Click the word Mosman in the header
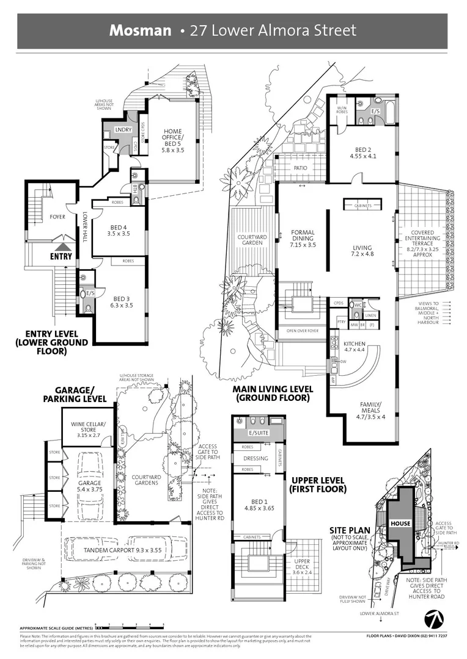coord(140,31)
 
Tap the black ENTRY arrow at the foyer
coord(61,247)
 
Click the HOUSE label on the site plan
coord(401,524)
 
